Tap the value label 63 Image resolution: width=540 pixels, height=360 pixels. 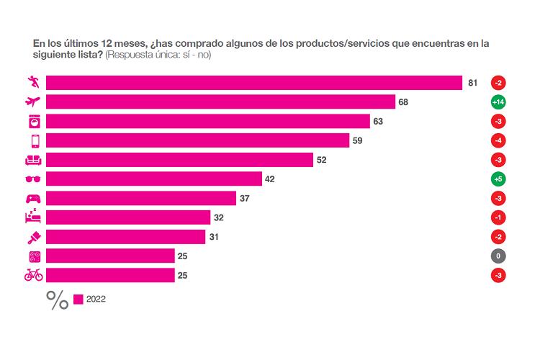pyautogui.click(x=378, y=122)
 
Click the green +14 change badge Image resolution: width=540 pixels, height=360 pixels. pyautogui.click(x=498, y=102)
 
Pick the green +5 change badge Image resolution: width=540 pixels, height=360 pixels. pyautogui.click(x=498, y=179)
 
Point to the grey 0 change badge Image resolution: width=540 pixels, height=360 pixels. pyautogui.click(x=498, y=256)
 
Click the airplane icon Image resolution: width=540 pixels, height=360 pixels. pyautogui.click(x=34, y=102)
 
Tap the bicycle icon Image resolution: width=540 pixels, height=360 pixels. pyautogui.click(x=34, y=275)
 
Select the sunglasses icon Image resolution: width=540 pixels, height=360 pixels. pyautogui.click(x=34, y=179)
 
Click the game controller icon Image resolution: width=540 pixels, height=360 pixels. pyautogui.click(x=34, y=198)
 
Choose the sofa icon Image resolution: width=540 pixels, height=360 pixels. pyautogui.click(x=34, y=160)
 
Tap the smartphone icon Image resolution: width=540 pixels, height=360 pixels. pyautogui.click(x=34, y=140)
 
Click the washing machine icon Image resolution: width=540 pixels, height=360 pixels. pyautogui.click(x=34, y=122)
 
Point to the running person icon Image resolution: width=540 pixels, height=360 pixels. pyautogui.click(x=34, y=82)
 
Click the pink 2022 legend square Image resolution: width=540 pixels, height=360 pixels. pyautogui.click(x=78, y=299)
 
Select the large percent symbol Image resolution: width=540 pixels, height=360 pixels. pyautogui.click(x=58, y=300)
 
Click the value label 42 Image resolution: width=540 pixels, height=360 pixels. pyautogui.click(x=270, y=179)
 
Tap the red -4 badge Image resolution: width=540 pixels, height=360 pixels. pyautogui.click(x=498, y=140)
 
